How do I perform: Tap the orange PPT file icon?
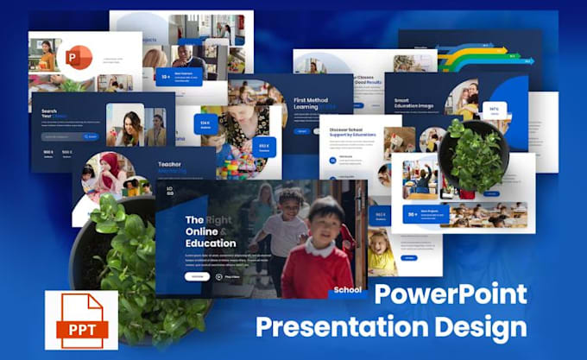point(81,320)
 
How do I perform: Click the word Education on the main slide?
point(211,243)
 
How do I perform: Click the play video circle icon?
point(219,277)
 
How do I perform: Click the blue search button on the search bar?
point(91,136)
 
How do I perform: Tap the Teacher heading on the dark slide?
point(169,163)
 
